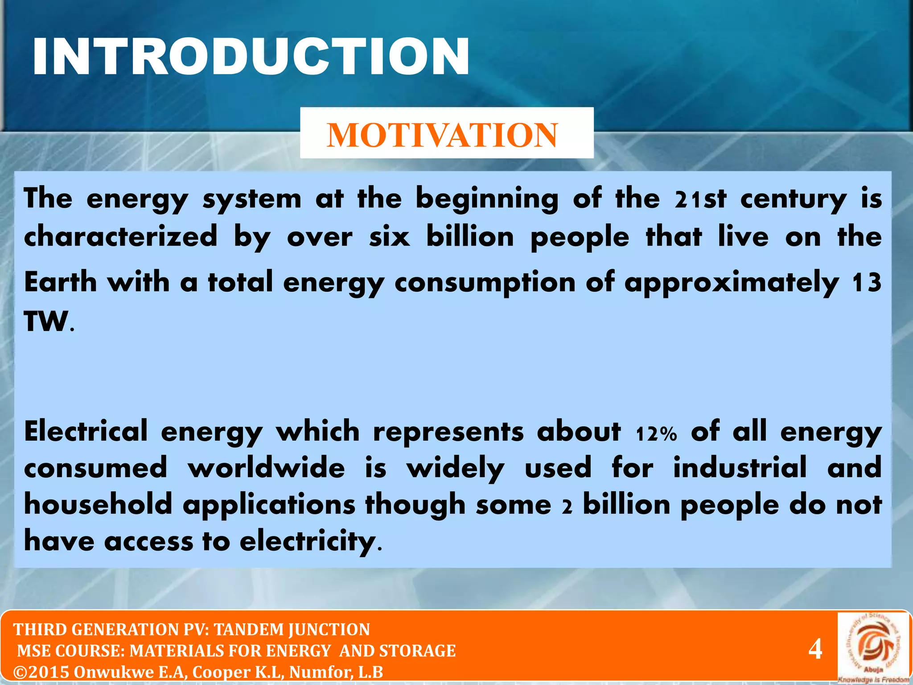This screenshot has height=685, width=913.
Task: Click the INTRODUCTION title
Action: [251, 57]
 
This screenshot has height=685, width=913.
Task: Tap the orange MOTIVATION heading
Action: [442, 135]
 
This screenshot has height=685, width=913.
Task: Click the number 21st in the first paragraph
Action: [700, 199]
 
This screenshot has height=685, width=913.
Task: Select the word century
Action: [793, 200]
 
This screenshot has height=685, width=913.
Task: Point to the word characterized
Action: [121, 236]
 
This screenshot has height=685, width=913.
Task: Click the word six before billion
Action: [389, 236]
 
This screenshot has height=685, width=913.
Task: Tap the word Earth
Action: [61, 282]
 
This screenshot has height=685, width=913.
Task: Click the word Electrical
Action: [86, 432]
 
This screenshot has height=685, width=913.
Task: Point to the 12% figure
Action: [656, 433]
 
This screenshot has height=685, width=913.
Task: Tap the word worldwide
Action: [266, 468]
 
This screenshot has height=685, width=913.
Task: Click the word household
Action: [98, 505]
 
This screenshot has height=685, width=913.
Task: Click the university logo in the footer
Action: [873, 647]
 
